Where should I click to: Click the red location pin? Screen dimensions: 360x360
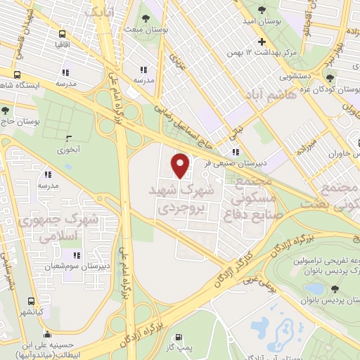point(181,166)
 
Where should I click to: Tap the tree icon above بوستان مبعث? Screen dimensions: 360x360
point(146,18)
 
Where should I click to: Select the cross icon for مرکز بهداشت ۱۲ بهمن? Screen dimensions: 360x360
point(262,42)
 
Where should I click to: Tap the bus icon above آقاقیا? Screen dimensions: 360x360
point(63,34)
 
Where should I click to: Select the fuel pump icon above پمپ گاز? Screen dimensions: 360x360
point(179,337)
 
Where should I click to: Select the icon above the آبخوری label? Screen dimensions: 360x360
point(68,139)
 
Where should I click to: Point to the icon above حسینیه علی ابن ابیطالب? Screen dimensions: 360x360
point(47,334)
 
